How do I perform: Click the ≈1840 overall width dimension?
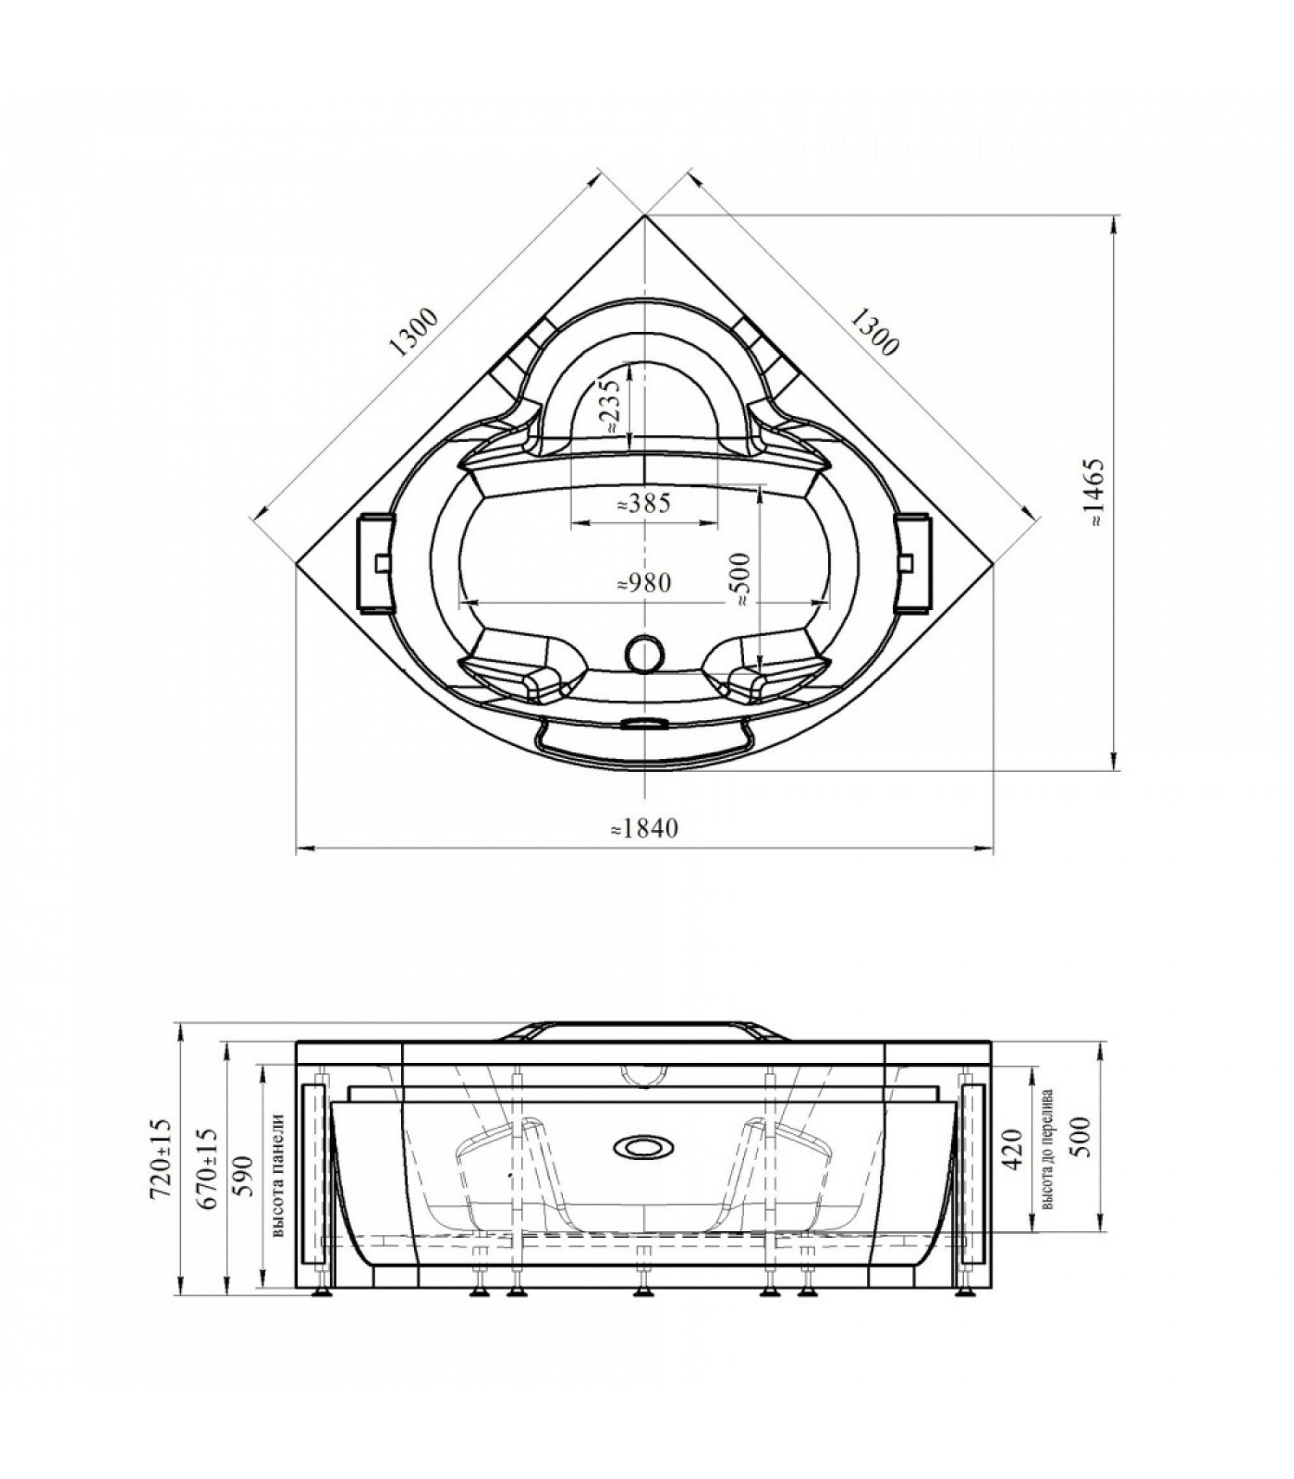click(x=644, y=828)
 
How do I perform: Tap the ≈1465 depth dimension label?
click(x=1096, y=492)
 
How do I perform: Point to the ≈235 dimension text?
click(x=608, y=404)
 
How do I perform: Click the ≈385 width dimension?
click(x=643, y=504)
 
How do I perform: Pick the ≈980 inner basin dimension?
click(x=643, y=583)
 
